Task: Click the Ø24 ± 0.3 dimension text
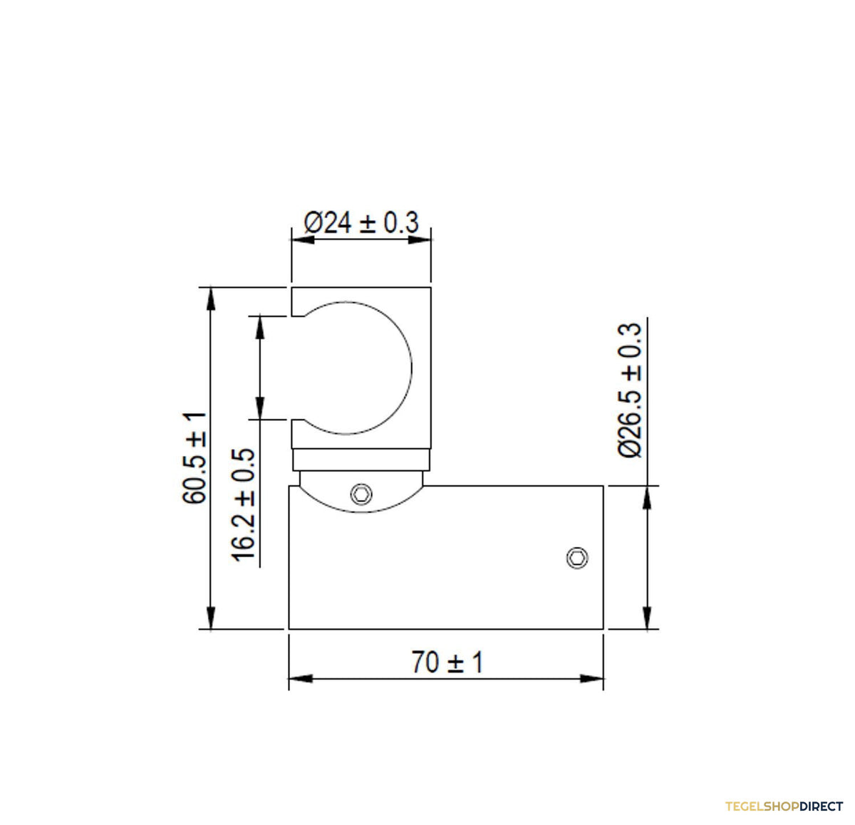(x=361, y=222)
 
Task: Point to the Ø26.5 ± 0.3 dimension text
(x=630, y=390)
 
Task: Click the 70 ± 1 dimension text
(x=447, y=662)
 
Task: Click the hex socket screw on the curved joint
(x=361, y=494)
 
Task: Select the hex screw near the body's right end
(x=577, y=558)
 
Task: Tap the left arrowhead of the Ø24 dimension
(x=303, y=240)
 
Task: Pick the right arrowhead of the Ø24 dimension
(x=419, y=240)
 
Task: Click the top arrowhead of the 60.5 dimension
(x=211, y=299)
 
